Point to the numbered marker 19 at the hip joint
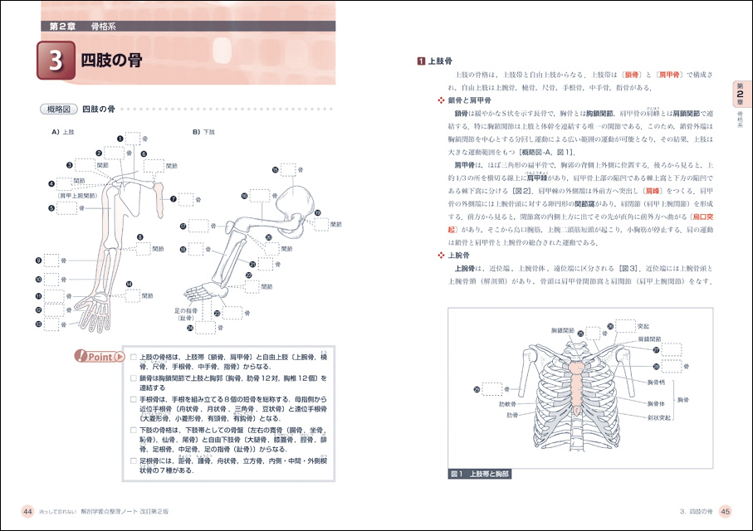(316, 213)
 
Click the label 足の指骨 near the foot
(184, 310)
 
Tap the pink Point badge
(99, 357)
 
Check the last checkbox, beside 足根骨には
(133, 460)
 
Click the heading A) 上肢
(62, 131)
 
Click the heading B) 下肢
(204, 131)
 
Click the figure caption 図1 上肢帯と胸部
(480, 474)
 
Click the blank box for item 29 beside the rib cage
(492, 388)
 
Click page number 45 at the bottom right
(725, 510)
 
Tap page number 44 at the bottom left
(27, 510)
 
